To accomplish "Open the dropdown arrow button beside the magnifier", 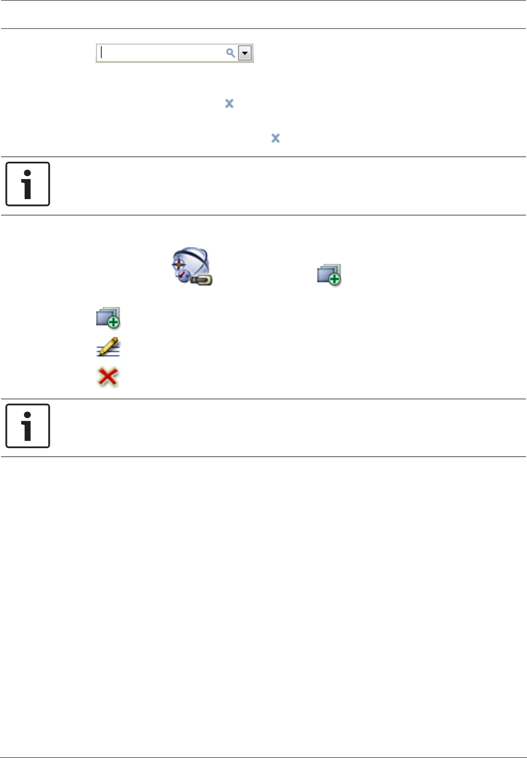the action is [245, 53].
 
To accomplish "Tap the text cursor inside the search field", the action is [102, 53].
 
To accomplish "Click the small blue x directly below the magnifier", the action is [229, 103].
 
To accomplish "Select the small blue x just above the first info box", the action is [276, 138].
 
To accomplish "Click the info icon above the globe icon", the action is [28, 184].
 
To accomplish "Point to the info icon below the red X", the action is [28, 425].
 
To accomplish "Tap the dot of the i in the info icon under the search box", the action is [27, 172].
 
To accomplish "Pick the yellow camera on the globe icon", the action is [202, 281].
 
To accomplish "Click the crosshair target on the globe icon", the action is [178, 264].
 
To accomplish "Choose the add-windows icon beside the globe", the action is [329, 275].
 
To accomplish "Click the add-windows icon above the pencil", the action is [108, 318].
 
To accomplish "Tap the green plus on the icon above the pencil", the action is [113, 321].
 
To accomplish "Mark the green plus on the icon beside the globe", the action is [334, 279].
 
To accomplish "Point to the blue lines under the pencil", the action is [108, 353].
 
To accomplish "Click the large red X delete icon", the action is [108, 377].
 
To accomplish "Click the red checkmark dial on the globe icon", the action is [182, 276].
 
